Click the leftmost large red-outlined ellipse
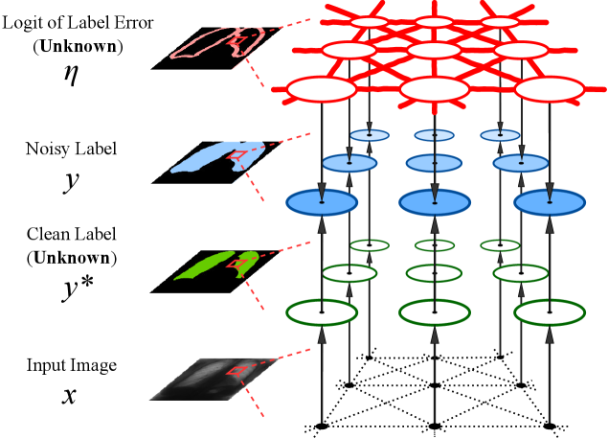click(x=322, y=89)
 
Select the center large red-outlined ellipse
click(x=435, y=89)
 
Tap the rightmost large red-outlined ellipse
click(x=550, y=89)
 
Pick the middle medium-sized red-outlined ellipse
click(x=434, y=50)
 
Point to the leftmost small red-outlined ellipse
click(x=369, y=21)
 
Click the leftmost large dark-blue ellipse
click(x=322, y=202)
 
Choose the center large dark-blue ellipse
click(x=435, y=202)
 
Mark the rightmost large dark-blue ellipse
click(x=550, y=202)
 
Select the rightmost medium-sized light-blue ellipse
click(x=521, y=163)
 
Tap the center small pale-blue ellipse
click(x=435, y=135)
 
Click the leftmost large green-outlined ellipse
click(x=322, y=312)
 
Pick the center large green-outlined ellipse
click(x=435, y=312)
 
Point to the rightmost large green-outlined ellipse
click(x=550, y=312)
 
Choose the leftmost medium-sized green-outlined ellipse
click(x=349, y=273)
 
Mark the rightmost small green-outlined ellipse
click(x=500, y=245)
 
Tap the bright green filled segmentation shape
click(x=206, y=266)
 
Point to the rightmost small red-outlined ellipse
click(x=500, y=21)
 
